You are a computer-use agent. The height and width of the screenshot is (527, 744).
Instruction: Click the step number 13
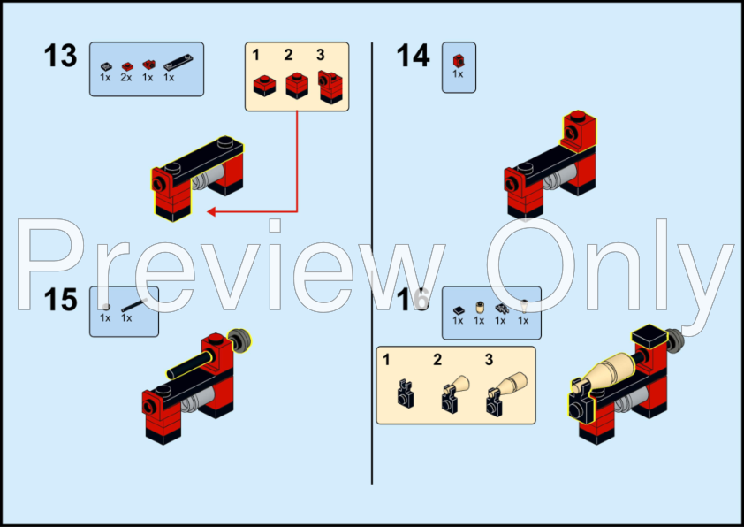[x=60, y=56]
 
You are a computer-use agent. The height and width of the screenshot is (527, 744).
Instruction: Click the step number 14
[x=413, y=56]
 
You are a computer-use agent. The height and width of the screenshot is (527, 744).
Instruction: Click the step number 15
[x=60, y=300]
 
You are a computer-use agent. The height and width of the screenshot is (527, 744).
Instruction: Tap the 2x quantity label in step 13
[x=126, y=78]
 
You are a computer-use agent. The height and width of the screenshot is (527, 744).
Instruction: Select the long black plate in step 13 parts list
[x=178, y=63]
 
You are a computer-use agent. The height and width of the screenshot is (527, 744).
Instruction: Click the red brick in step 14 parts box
[x=459, y=61]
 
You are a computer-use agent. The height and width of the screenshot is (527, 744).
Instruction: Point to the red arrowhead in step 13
[x=211, y=211]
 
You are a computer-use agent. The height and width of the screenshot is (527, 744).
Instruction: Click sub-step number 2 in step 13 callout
[x=288, y=55]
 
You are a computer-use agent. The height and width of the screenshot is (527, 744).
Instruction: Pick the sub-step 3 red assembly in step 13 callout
[x=330, y=87]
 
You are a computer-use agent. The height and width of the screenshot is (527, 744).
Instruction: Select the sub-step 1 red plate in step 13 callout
[x=264, y=86]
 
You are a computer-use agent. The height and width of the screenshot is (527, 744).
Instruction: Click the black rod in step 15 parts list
[x=133, y=305]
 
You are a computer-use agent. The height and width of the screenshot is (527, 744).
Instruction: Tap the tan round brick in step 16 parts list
[x=480, y=308]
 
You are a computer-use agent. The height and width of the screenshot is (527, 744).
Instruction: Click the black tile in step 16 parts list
[x=459, y=310]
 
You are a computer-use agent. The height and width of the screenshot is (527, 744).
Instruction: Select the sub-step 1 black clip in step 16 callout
[x=405, y=393]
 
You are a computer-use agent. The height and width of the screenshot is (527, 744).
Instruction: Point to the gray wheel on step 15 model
[x=240, y=340]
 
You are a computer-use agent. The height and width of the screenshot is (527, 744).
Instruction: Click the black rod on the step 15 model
[x=189, y=366]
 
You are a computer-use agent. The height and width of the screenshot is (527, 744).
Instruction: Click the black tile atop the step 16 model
[x=649, y=335]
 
